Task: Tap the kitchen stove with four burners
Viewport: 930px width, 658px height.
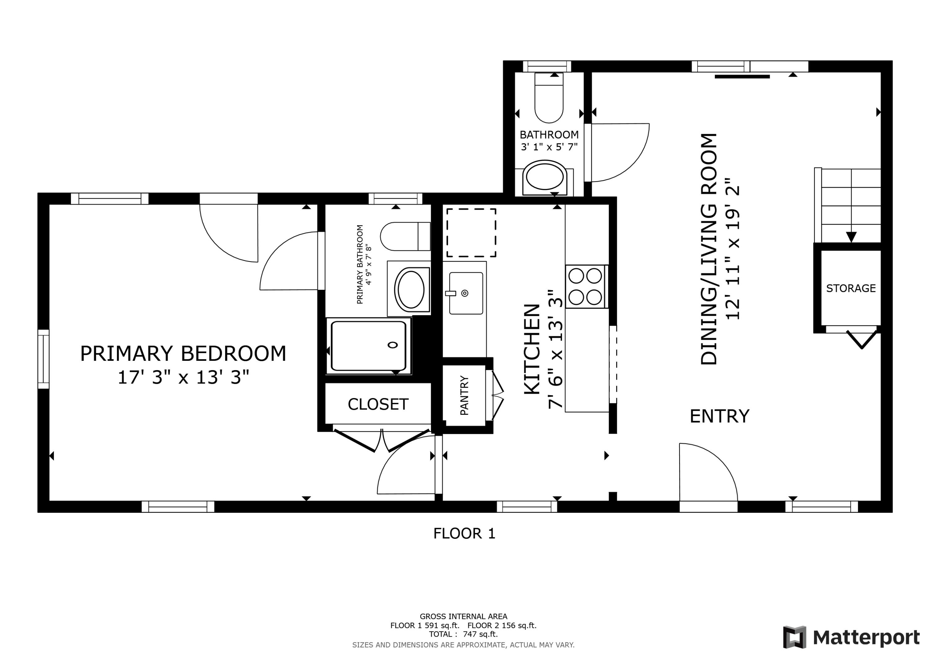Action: [585, 287]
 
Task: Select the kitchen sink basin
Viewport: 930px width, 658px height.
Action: [466, 293]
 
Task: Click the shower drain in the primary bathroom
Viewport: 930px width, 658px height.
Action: [392, 345]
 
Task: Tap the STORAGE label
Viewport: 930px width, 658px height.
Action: [851, 288]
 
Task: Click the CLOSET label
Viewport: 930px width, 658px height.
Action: [378, 404]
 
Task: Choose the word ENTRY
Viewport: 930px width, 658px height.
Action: [720, 416]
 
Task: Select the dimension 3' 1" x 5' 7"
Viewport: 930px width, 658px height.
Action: [549, 147]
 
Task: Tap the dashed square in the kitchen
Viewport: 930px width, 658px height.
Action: [471, 233]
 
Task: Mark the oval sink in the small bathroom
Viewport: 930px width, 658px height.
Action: [545, 177]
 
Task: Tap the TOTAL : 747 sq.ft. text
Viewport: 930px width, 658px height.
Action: [463, 634]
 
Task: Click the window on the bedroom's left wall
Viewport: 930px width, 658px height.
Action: [43, 359]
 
